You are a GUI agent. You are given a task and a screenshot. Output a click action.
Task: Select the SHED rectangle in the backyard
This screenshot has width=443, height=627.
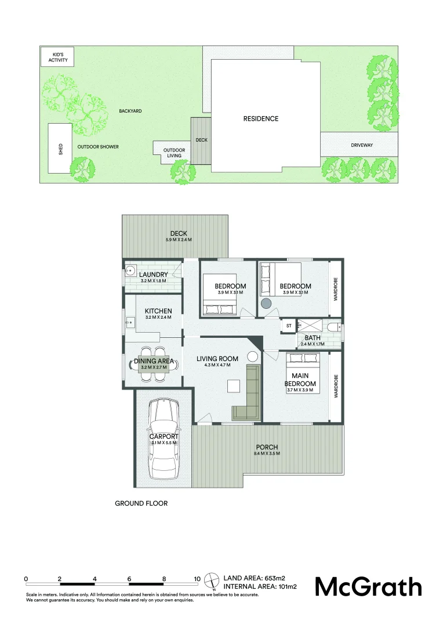pos(60,148)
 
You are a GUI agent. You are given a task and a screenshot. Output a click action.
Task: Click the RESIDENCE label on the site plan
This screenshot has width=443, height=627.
pos(260,118)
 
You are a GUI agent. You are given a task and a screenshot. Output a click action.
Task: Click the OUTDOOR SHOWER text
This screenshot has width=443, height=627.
pos(98,147)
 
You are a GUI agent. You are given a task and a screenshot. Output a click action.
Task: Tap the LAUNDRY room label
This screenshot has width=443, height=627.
pos(154,275)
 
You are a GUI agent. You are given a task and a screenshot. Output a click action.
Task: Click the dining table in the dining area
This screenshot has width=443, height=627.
pos(154,364)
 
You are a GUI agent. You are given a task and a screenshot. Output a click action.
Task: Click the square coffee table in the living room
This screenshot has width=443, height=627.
pos(234,386)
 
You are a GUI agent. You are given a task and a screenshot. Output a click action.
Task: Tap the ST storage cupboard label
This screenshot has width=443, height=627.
pos(288,326)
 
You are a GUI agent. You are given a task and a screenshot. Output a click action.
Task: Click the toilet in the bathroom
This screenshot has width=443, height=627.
pos(334,329)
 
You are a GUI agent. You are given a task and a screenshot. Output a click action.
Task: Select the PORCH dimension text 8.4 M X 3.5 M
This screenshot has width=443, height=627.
pos(268,453)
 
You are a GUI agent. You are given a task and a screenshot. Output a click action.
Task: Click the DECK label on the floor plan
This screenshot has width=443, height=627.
pos(179,233)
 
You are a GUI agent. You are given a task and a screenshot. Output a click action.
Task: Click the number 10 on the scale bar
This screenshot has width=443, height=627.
pos(197,579)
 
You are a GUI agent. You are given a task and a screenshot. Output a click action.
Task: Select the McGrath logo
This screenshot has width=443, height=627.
pos(368,586)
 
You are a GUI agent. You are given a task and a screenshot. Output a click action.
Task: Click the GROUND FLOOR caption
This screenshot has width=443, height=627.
pos(141,503)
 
